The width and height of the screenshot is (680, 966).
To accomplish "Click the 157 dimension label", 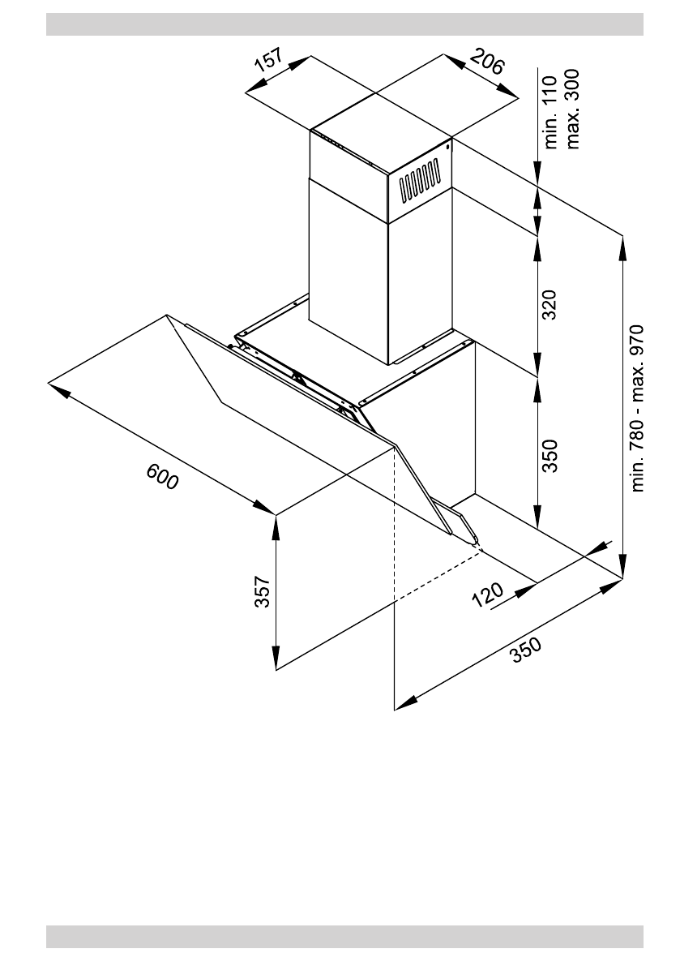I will point(269,62).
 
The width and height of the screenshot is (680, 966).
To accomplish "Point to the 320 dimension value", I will point(550,305).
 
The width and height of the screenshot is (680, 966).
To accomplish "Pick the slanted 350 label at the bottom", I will point(525,650).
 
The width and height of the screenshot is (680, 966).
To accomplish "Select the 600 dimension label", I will point(162,476).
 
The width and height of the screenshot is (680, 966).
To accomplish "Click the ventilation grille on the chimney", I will point(419,182).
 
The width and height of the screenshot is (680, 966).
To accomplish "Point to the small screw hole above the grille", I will point(447,148).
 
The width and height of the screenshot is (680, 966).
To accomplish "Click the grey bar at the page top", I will point(344,24).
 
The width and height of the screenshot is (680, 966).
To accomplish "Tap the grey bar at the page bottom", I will point(344,936).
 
